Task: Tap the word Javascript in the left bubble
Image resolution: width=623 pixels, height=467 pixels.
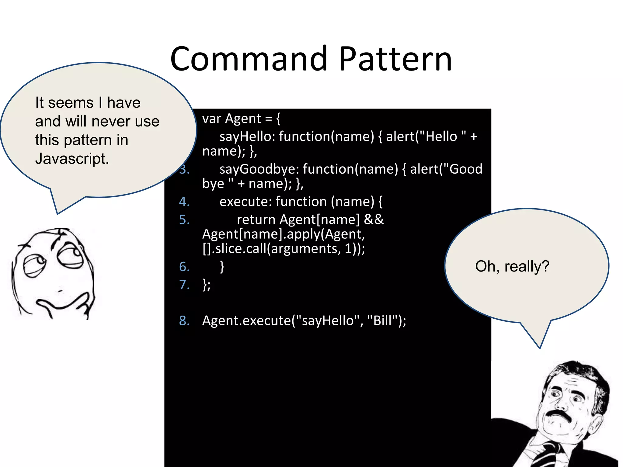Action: (72, 159)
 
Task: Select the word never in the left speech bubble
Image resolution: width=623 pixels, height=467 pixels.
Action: (111, 121)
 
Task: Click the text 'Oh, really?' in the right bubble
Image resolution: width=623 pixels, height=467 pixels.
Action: (512, 266)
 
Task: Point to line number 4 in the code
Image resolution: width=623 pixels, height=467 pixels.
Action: (184, 202)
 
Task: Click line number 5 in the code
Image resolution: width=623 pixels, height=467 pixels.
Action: (184, 220)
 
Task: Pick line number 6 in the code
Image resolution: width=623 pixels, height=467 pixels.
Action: (184, 267)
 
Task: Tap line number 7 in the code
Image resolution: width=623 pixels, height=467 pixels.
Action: (184, 285)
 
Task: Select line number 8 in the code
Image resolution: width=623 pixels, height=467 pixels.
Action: (184, 320)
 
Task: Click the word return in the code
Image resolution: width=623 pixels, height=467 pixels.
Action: (256, 220)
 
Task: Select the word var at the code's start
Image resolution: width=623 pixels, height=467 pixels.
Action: (211, 119)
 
